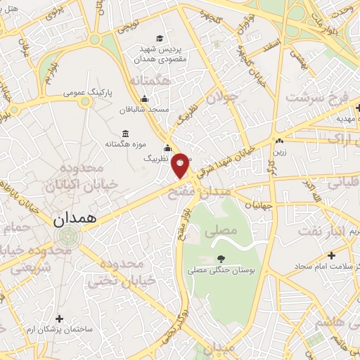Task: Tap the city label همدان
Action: point(72,219)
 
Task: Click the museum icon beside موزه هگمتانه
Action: point(125,134)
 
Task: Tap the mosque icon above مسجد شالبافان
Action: point(144,98)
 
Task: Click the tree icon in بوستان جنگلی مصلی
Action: point(221,259)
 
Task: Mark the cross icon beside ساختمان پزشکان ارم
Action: point(58,319)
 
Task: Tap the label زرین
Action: point(280,150)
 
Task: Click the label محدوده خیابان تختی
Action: point(114,273)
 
